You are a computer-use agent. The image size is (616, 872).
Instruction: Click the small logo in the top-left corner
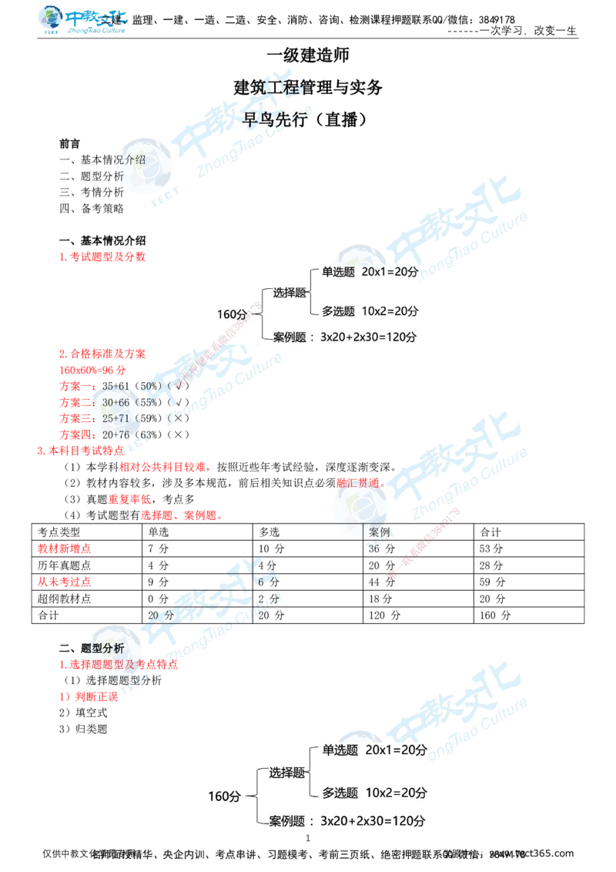(x=83, y=20)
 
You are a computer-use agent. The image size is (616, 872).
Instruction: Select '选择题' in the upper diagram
(x=290, y=293)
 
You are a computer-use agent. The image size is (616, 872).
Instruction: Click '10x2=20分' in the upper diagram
(x=392, y=311)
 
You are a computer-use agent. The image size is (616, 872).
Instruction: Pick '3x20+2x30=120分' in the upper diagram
(x=368, y=337)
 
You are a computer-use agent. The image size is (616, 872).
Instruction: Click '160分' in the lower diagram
(x=224, y=797)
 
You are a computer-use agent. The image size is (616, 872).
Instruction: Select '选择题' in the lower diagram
(x=287, y=773)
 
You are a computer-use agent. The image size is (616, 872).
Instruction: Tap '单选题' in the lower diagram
(x=340, y=750)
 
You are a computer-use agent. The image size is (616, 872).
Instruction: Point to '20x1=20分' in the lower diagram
(x=397, y=750)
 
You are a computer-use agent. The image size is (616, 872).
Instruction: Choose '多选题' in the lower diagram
(x=340, y=793)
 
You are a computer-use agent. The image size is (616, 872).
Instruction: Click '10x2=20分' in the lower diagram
(x=397, y=793)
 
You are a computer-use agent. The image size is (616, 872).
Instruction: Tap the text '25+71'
(x=115, y=418)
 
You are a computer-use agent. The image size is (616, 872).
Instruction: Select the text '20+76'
(x=115, y=435)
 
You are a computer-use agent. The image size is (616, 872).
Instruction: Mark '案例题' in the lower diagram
(x=287, y=821)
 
